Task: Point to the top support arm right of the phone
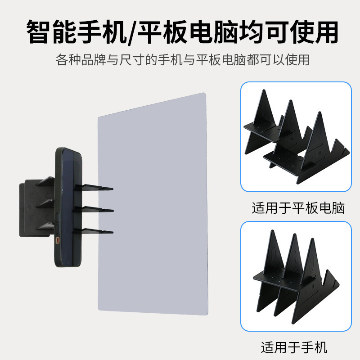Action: click(97, 187)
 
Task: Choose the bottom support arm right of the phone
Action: click(97, 231)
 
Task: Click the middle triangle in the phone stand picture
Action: click(295, 261)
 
